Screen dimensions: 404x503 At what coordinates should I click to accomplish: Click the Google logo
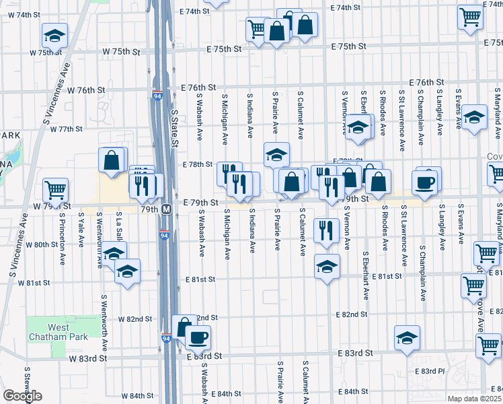coord(22,396)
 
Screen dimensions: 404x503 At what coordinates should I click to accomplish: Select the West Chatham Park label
coord(48,331)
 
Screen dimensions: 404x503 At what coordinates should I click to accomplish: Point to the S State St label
coord(176,129)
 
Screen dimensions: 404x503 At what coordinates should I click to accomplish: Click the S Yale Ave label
coord(81,230)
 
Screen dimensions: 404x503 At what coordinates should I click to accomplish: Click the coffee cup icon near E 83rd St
coord(198,337)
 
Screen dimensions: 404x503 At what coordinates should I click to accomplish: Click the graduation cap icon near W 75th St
coord(54,35)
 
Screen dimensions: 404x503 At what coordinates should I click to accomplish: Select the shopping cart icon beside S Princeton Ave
coord(55,189)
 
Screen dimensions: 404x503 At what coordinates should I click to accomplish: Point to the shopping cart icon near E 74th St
coord(470,17)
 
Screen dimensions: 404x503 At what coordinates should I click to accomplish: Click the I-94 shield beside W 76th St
coord(157,95)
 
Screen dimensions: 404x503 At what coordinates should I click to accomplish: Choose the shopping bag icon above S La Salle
coord(112,160)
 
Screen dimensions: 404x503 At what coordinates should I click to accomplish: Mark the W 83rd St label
coord(88,359)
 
